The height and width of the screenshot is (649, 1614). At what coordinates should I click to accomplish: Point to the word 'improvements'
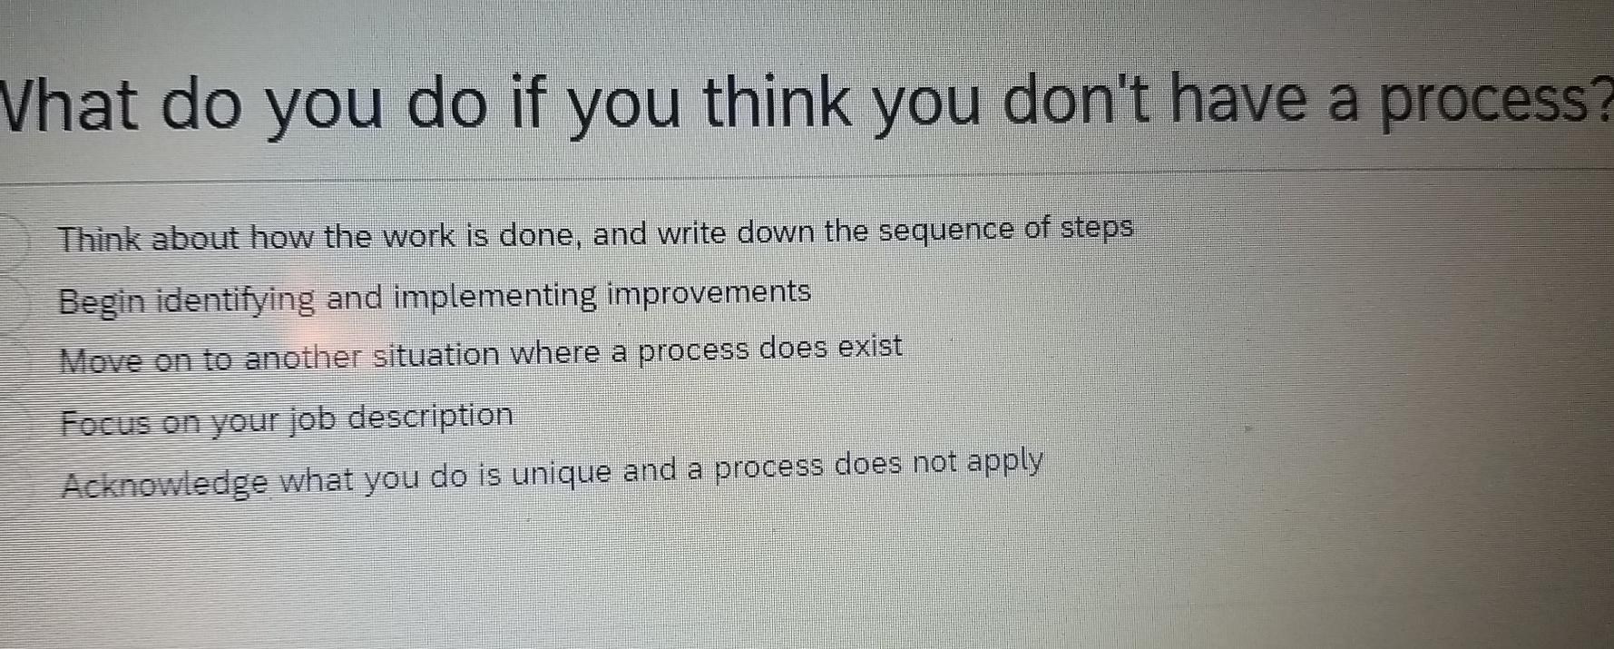709,293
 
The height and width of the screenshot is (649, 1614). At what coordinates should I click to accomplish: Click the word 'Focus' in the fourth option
104,424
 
